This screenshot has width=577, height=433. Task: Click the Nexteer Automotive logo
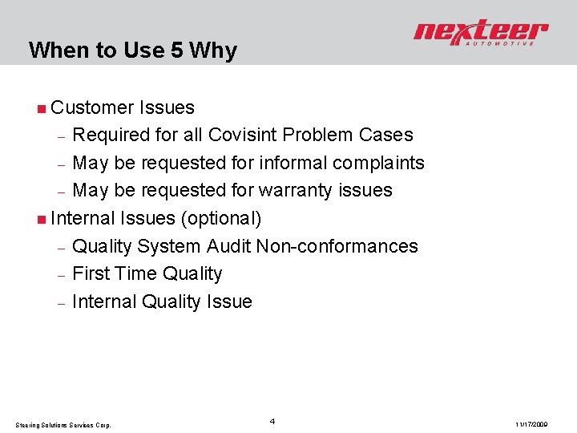[481, 34]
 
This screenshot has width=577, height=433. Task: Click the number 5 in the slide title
[178, 51]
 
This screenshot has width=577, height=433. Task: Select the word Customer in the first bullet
[91, 107]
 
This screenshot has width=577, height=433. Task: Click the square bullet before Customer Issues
[41, 107]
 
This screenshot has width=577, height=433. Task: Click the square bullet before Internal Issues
[41, 219]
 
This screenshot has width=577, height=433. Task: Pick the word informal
[284, 163]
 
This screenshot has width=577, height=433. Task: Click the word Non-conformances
[337, 246]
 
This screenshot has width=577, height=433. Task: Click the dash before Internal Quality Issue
[60, 303]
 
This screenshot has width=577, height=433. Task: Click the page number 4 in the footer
[272, 420]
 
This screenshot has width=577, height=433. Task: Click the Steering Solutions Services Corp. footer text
[63, 424]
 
